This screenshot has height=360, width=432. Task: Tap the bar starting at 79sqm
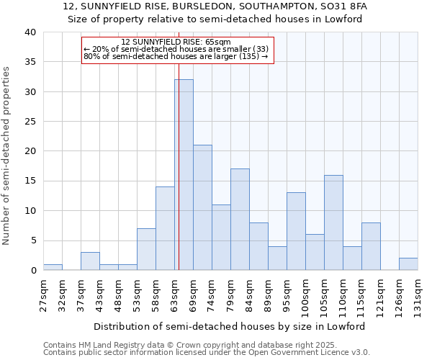pos(240,220)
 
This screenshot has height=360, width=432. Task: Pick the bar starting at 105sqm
pos(333,222)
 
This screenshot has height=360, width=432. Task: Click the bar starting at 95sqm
pos(296,231)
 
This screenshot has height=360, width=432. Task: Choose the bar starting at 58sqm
pos(165,228)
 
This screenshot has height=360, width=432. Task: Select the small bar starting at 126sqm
pos(408,264)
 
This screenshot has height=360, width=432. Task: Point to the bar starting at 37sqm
pos(90,261)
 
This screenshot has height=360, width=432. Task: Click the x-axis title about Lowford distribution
pos(230,326)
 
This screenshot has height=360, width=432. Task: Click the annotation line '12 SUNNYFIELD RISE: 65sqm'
pos(176,42)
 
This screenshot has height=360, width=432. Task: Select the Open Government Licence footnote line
pos(207,353)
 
